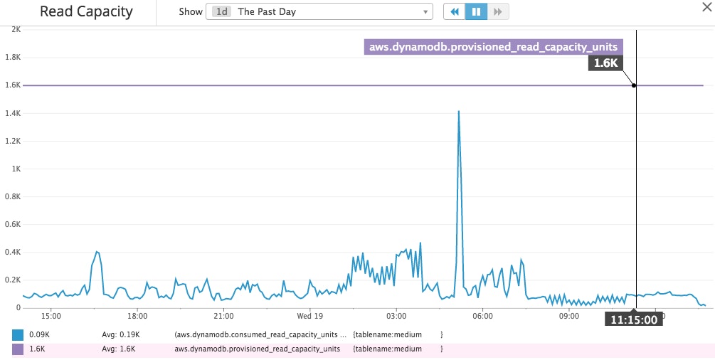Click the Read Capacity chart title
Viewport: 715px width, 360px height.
[86, 12]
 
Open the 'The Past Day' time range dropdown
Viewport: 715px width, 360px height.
[319, 12]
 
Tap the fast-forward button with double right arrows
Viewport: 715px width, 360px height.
[498, 12]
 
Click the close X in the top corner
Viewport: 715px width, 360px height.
[704, 6]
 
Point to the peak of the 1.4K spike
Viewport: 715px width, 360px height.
[459, 112]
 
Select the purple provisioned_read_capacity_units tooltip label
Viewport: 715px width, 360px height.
[493, 48]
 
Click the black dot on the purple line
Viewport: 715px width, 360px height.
[634, 85]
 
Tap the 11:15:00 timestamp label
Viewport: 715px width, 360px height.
[633, 319]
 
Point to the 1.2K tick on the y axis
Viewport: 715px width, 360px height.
[14, 141]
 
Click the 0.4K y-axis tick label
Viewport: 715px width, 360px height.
[14, 252]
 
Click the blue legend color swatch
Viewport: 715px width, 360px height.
[18, 334]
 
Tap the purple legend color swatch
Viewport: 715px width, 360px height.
[18, 349]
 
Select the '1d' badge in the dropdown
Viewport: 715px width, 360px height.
[221, 12]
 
